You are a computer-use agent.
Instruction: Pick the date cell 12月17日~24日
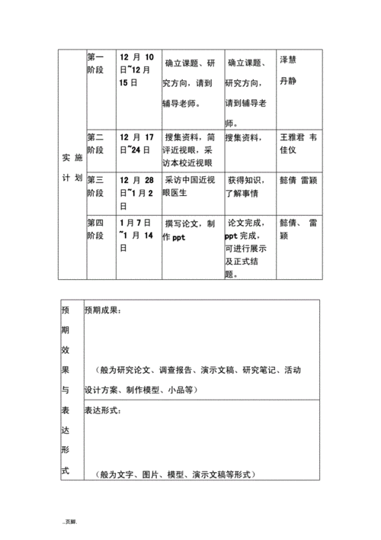137,143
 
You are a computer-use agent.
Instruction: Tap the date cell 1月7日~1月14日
137,230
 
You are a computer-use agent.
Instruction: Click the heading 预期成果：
102,311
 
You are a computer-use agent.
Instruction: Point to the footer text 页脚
71,521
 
